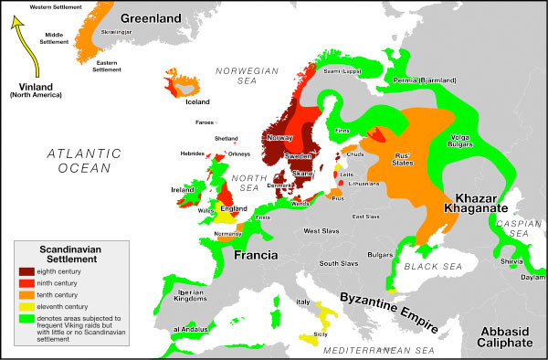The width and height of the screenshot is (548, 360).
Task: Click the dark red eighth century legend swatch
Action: click(x=28, y=270)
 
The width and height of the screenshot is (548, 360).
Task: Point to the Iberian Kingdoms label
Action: click(x=169, y=295)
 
